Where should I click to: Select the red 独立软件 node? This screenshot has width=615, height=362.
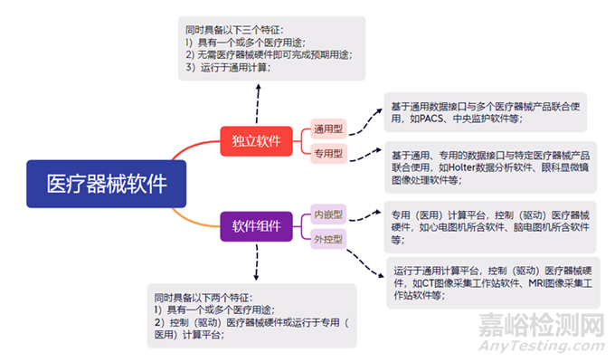pos(256,140)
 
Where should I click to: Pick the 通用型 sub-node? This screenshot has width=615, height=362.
pos(326,129)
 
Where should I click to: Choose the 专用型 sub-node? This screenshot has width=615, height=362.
pos(326,153)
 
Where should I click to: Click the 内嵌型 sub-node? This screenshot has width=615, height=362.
pos(326,214)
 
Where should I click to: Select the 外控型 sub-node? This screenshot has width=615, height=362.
pos(326,239)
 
